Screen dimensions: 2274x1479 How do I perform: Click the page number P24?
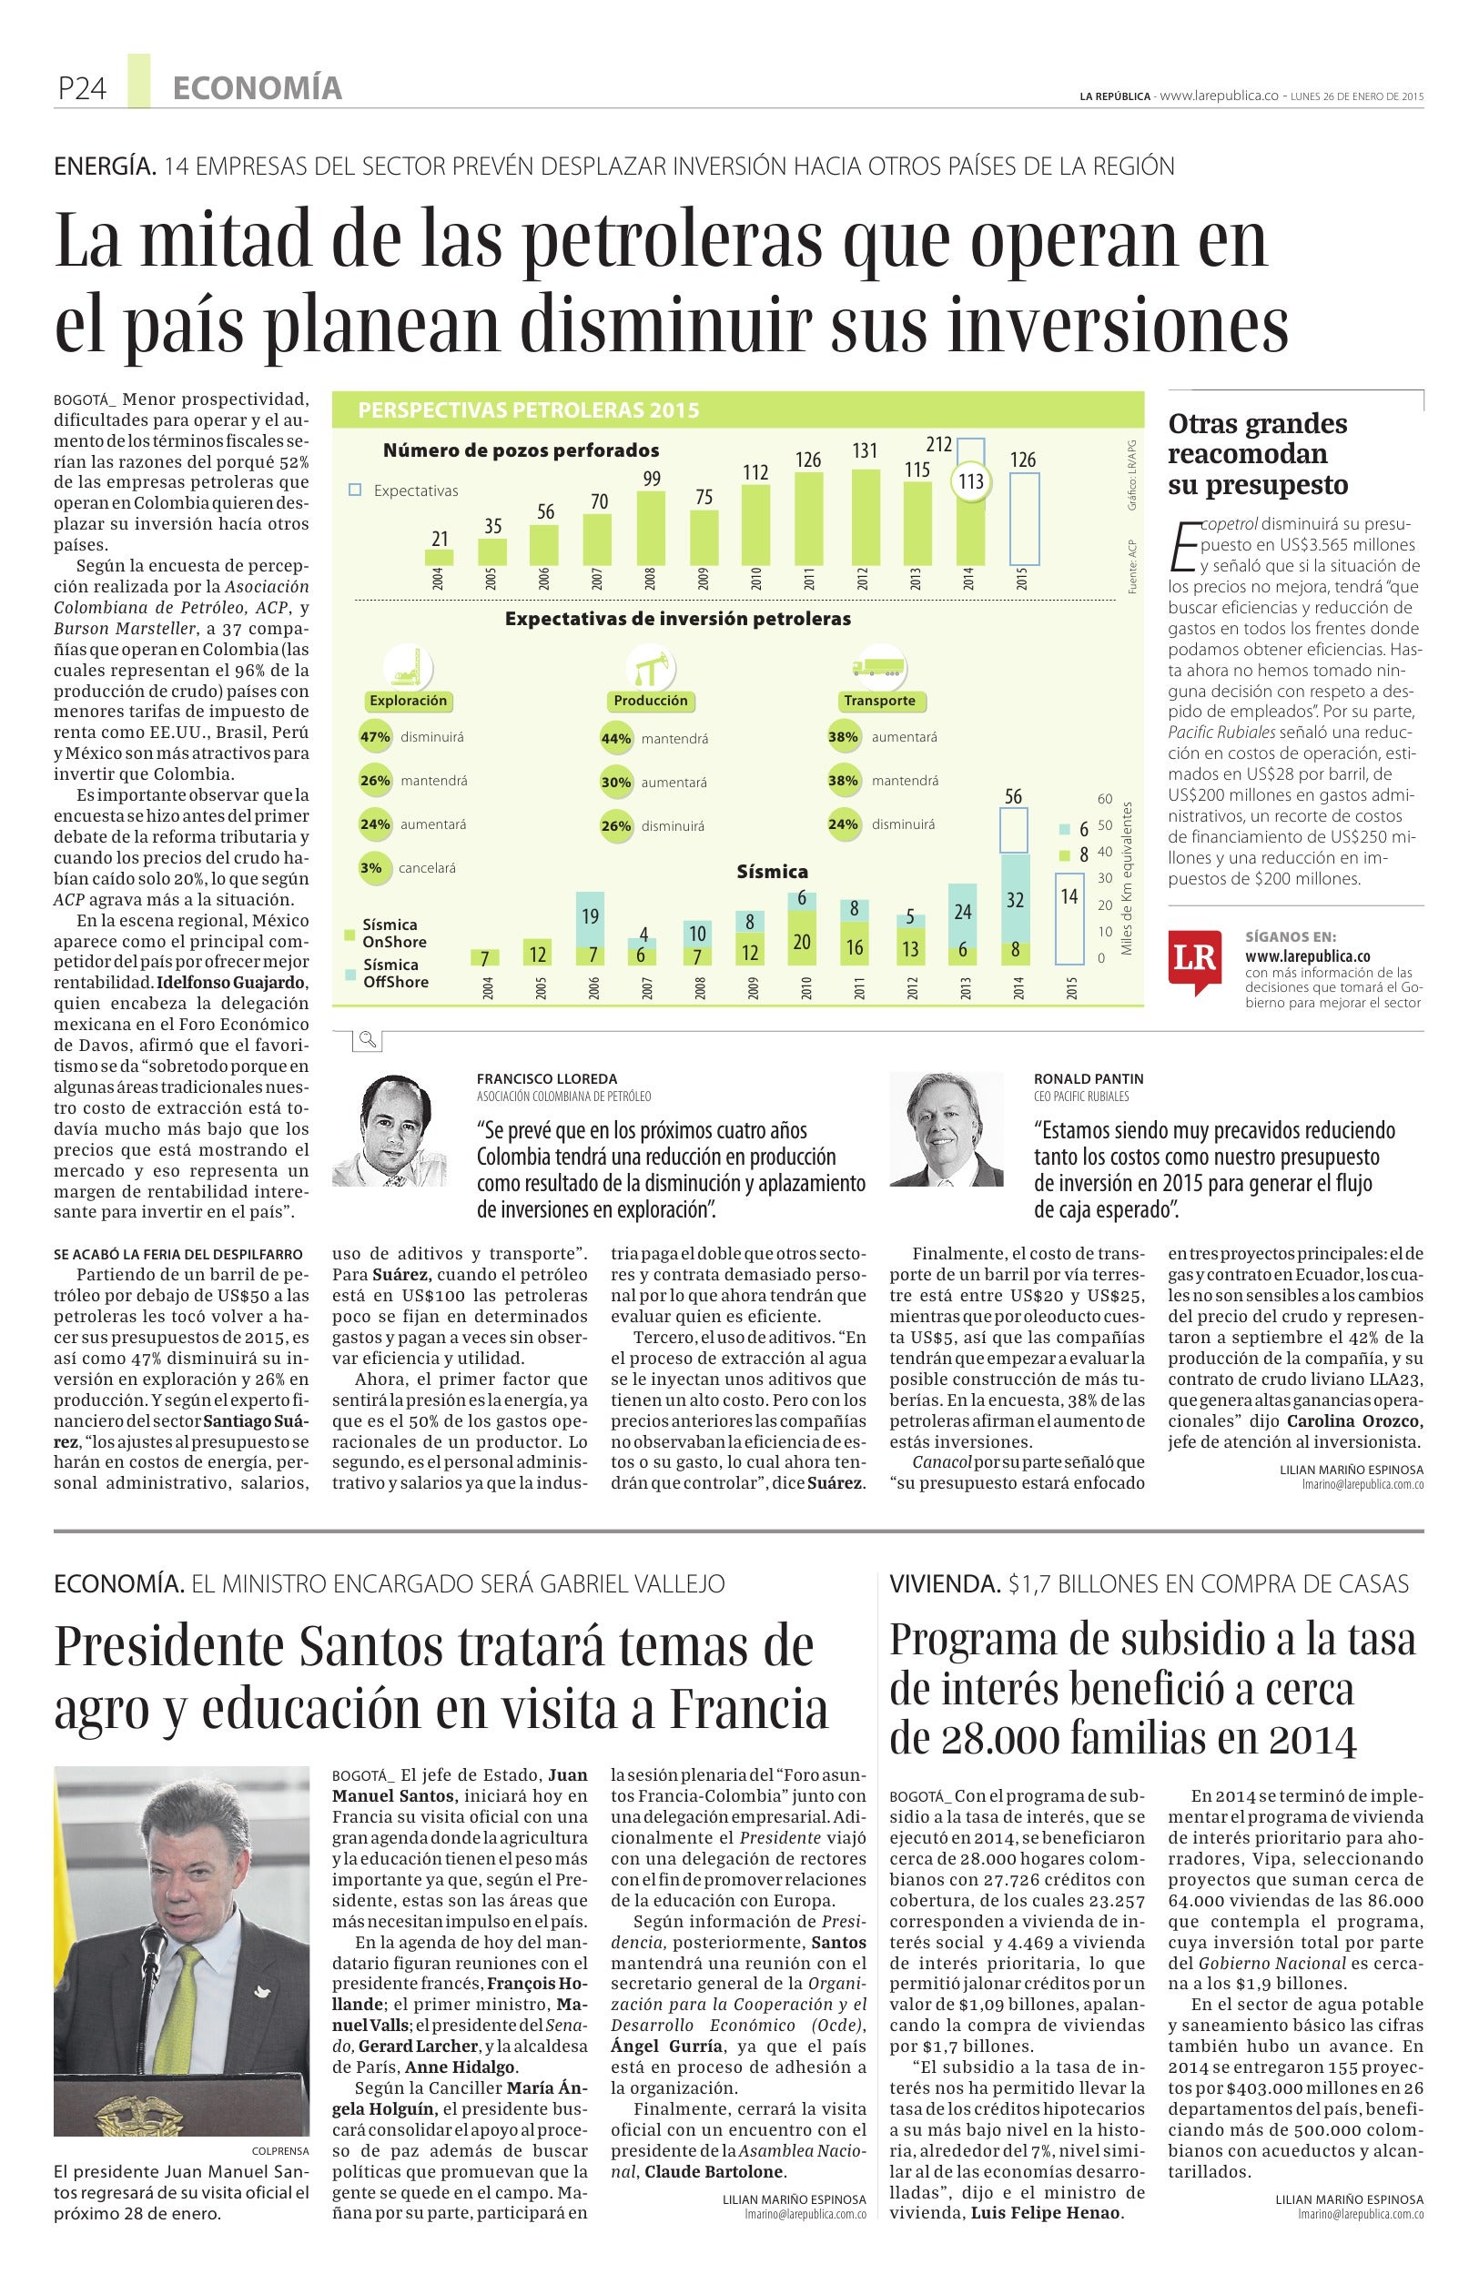coord(80,89)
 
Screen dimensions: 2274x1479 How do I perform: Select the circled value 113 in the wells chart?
coord(971,481)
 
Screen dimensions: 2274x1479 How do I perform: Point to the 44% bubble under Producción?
coord(616,738)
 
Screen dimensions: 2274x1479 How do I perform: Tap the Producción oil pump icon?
coord(650,666)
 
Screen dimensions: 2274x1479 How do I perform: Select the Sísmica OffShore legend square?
coord(349,973)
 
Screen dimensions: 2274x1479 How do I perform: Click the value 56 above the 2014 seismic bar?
coord(1013,797)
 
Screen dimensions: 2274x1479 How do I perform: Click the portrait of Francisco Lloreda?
coord(397,1129)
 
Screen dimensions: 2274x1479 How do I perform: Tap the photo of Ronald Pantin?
coord(946,1127)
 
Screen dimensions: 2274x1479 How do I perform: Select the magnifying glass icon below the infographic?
coord(367,1040)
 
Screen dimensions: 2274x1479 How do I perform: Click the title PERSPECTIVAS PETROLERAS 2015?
coord(529,409)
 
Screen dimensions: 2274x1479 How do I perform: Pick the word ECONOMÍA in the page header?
coord(257,89)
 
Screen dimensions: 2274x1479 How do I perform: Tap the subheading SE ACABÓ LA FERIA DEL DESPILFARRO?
coord(178,1254)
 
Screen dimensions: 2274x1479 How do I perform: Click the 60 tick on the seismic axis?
coord(1105,799)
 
